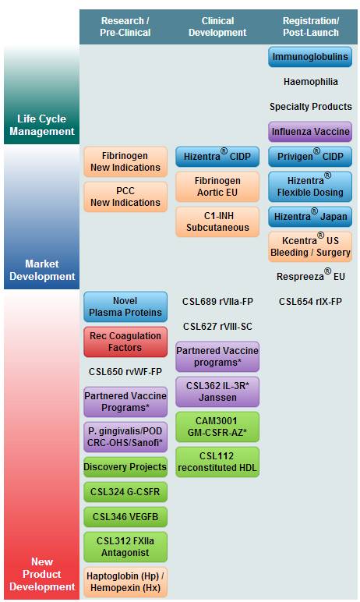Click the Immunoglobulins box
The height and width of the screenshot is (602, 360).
tap(310, 57)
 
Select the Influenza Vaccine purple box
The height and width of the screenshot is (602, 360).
tap(310, 132)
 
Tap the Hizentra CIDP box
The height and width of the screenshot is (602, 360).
tap(217, 157)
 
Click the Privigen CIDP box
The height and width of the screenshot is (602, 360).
tap(310, 157)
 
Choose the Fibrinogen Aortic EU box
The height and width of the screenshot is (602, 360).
tap(217, 186)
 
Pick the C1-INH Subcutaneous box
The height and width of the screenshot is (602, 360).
tap(217, 221)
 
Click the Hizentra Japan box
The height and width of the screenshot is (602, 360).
tap(310, 217)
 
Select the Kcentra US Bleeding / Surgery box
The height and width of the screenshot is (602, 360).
tap(310, 246)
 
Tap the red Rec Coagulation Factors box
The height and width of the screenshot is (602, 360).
tap(125, 342)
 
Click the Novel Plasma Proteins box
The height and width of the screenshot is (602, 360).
tap(125, 306)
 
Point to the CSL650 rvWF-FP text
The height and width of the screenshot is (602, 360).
tap(125, 372)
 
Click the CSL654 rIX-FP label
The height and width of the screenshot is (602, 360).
tap(310, 302)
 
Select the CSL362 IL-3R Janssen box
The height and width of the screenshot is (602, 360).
tap(217, 391)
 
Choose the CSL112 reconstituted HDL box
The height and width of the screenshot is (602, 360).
tap(217, 462)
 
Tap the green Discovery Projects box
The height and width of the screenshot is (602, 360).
tap(125, 467)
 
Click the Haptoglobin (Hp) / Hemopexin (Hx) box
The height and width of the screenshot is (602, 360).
tap(125, 582)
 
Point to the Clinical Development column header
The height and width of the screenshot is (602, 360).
tap(217, 27)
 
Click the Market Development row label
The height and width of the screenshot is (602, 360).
tap(42, 270)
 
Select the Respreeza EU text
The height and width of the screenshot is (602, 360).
tap(310, 275)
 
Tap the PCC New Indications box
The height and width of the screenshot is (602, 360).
tap(125, 197)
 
